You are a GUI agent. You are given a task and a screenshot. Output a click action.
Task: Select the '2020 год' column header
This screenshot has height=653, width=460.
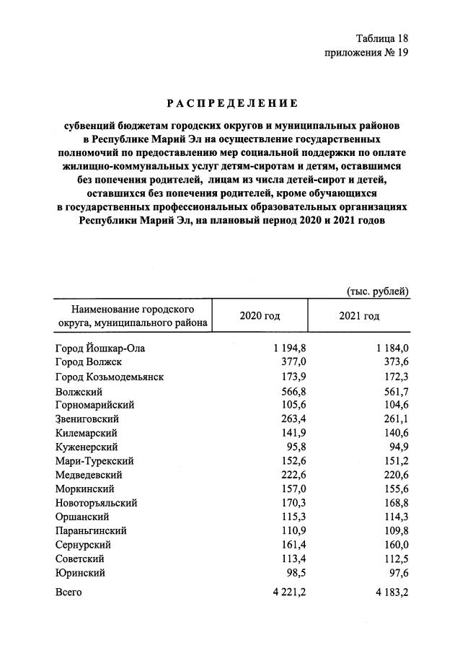pos(259,316)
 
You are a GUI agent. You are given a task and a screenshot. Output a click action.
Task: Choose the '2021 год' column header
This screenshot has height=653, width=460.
pos(358,316)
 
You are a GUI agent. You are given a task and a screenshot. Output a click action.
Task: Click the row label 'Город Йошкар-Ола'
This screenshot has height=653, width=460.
pos(101,349)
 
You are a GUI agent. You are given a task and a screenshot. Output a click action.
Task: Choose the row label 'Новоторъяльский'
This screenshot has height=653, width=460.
pos(96,503)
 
